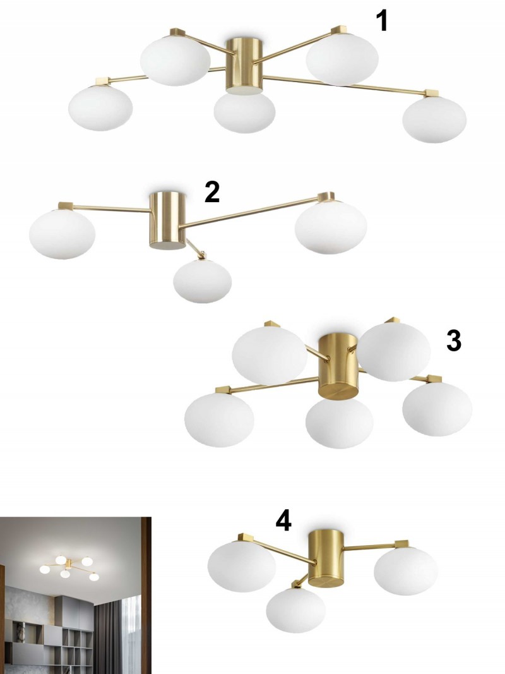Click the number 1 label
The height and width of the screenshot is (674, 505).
pos(382,21)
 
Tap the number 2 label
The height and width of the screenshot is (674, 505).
pos(212,192)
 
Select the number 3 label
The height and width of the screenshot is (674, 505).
pos(454,341)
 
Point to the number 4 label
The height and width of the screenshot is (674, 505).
pos(283,521)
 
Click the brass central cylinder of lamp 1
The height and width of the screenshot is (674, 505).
pos(244,65)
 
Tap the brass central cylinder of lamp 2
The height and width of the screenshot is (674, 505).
pos(167,220)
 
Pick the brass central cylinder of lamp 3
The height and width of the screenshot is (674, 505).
pos(338,365)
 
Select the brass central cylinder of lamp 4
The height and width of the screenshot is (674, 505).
pos(326,558)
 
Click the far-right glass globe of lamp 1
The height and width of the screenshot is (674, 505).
pos(434,120)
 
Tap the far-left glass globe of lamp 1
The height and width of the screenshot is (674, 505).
pos(100,107)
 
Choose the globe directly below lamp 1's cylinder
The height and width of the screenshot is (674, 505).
pos(244,112)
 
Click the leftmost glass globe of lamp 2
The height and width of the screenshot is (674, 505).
pos(62,234)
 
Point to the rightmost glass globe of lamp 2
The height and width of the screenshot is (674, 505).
pos(331,228)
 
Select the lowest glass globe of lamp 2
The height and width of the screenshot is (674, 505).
pos(202,281)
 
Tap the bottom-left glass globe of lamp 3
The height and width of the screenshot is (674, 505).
pos(219,420)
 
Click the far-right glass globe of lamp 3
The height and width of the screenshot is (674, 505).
pos(437,409)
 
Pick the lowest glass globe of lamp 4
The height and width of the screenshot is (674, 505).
pos(296,610)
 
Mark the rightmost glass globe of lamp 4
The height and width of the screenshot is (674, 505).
pos(406,571)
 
